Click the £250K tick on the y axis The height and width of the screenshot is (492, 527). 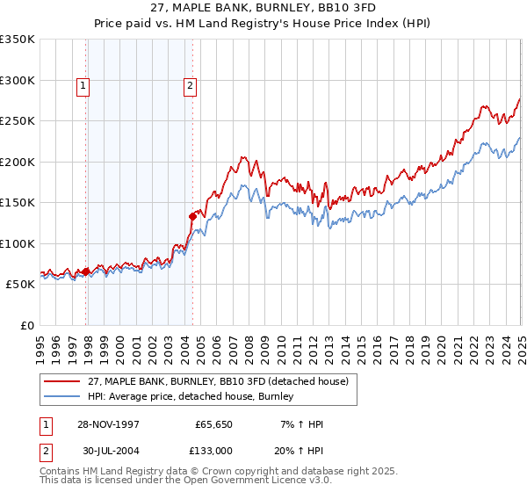18,121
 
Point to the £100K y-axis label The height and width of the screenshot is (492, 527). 18,243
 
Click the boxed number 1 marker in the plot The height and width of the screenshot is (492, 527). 83,85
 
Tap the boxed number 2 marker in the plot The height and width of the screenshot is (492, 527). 190,85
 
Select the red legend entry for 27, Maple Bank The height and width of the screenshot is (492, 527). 219,381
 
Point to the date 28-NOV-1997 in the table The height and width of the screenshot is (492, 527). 109,424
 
